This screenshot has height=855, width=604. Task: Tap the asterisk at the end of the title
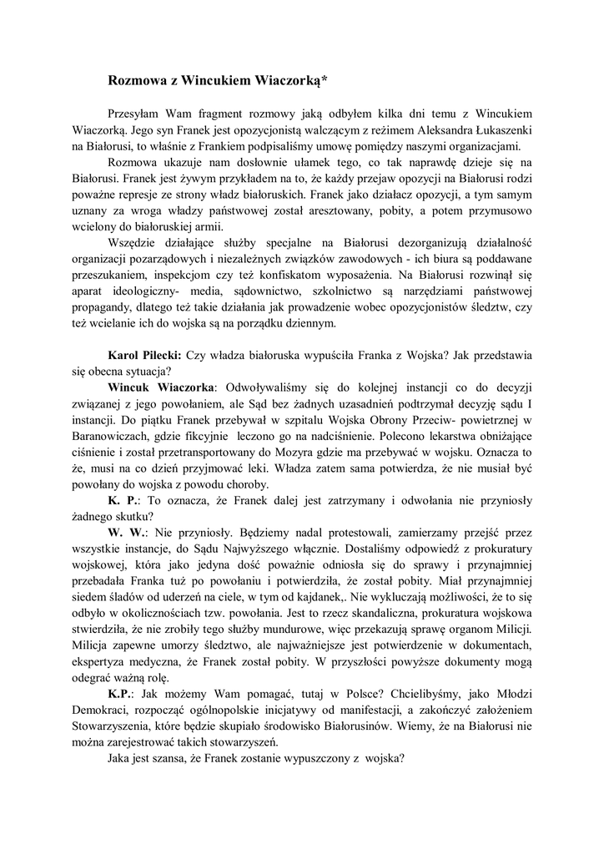coord(324,79)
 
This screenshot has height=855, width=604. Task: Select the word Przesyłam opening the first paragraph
coord(138,114)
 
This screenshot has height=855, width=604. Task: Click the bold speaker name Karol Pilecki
coord(145,354)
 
